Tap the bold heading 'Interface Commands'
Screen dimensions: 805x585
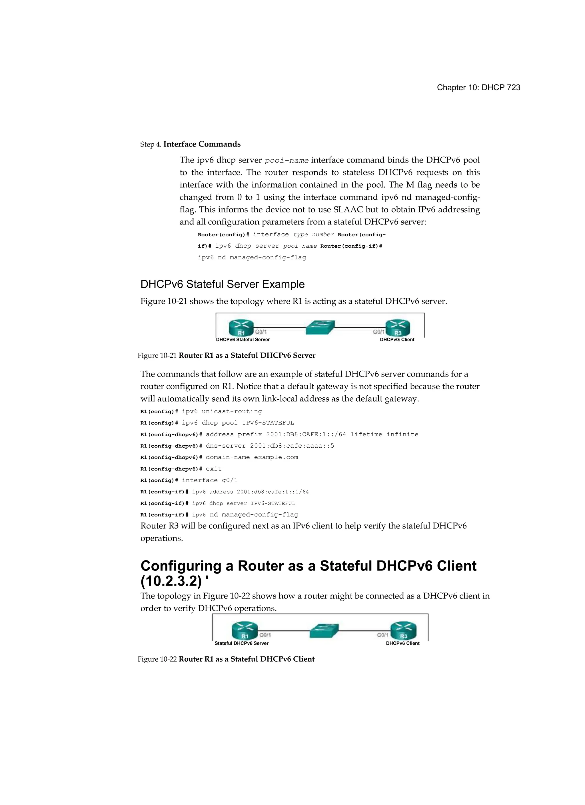[x=202, y=144]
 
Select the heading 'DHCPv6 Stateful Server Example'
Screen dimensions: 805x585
[x=222, y=284]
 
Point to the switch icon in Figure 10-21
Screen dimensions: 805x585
[x=320, y=327]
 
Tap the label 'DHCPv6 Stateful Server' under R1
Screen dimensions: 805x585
[x=243, y=340]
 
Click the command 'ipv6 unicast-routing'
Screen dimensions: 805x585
[x=222, y=411]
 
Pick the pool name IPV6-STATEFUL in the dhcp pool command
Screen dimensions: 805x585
[x=268, y=423]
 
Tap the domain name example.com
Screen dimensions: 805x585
[x=276, y=457]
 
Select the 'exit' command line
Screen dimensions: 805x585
[x=213, y=469]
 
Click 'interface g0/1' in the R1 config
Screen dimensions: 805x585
[x=209, y=480]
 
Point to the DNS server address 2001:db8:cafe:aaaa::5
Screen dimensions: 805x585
[x=292, y=446]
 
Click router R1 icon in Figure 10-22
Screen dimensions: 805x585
[x=245, y=631]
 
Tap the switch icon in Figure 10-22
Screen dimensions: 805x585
[x=324, y=631]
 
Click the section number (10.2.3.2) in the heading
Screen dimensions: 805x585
[x=171, y=581]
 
